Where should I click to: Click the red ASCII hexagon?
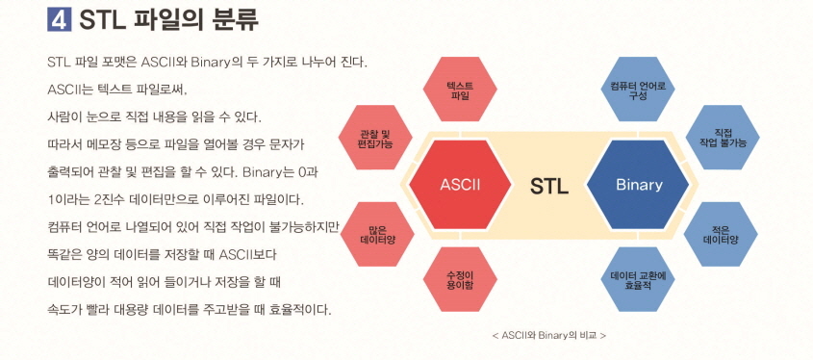click(459, 184)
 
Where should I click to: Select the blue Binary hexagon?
click(639, 184)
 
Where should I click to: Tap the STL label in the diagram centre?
click(548, 185)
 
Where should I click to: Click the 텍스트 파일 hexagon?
click(460, 91)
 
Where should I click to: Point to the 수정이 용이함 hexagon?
click(460, 279)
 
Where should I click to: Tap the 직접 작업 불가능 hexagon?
click(723, 138)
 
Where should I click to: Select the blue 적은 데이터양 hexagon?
click(723, 233)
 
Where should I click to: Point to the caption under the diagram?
click(547, 335)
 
